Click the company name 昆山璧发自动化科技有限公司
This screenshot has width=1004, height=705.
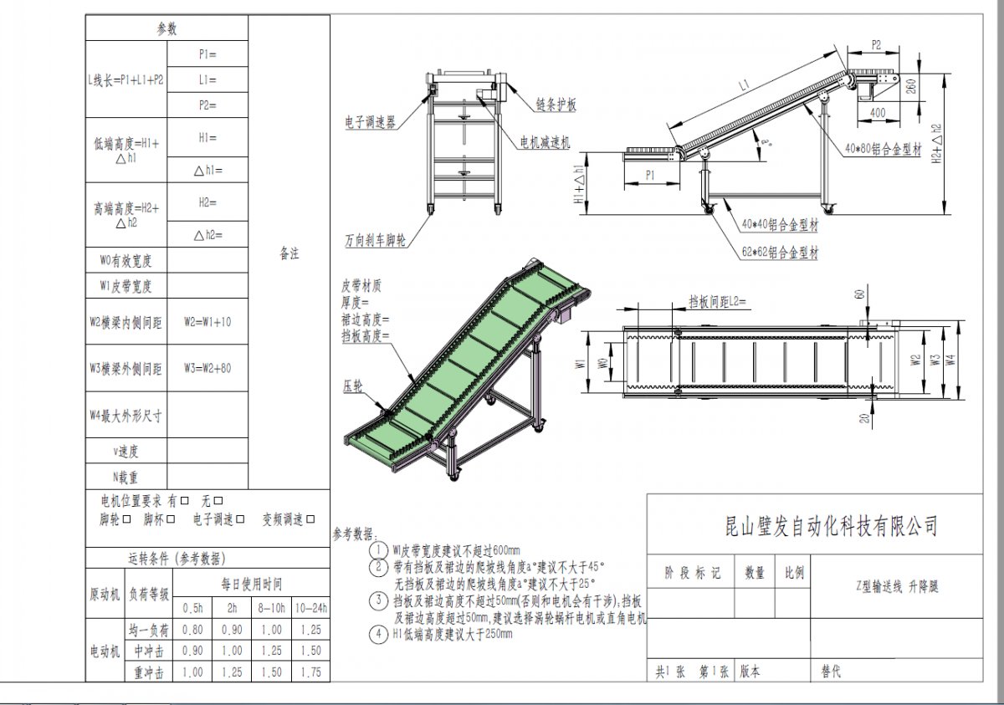(x=831, y=526)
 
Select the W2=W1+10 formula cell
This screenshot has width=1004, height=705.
(x=207, y=322)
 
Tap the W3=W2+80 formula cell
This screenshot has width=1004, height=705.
(x=207, y=368)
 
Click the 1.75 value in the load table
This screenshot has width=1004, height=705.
(x=311, y=672)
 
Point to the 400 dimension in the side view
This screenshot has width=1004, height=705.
(x=877, y=111)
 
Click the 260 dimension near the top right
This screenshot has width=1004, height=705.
(x=909, y=85)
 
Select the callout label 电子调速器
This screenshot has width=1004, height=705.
(x=369, y=122)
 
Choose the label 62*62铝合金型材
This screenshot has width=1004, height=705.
(x=780, y=252)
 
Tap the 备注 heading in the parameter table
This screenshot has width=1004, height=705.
(x=289, y=254)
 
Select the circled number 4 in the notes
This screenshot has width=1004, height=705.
(x=378, y=634)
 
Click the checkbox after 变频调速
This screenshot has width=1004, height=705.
(x=310, y=519)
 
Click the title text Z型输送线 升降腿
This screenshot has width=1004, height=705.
(x=898, y=587)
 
